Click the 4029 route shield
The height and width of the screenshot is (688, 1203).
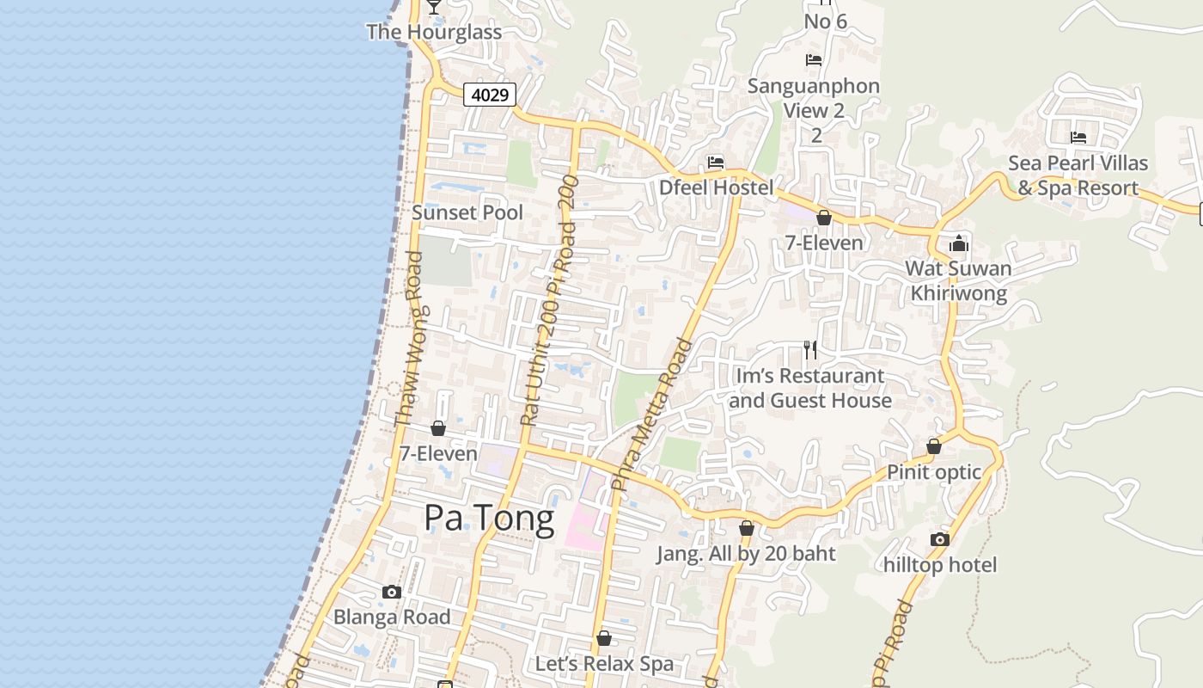pyautogui.click(x=490, y=95)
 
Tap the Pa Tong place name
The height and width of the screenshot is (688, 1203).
pyautogui.click(x=489, y=519)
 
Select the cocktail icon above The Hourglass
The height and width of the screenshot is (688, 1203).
pyautogui.click(x=434, y=6)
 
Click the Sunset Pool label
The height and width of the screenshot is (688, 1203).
pyautogui.click(x=467, y=212)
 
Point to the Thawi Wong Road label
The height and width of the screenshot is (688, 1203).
pyautogui.click(x=408, y=340)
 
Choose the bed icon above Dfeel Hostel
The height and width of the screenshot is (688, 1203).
pyautogui.click(x=716, y=162)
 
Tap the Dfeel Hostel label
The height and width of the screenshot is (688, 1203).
pyautogui.click(x=716, y=187)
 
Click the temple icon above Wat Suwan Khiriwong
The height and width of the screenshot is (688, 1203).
pyautogui.click(x=959, y=243)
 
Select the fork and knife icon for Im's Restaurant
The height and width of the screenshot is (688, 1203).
pyautogui.click(x=809, y=349)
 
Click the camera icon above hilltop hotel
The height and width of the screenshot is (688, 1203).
pyautogui.click(x=940, y=539)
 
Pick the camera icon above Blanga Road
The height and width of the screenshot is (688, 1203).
pyautogui.click(x=392, y=592)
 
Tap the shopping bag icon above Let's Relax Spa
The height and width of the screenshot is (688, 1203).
pyautogui.click(x=604, y=638)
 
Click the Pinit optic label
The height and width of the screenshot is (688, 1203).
pyautogui.click(x=934, y=472)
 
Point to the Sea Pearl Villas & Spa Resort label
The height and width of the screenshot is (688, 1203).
pyautogui.click(x=1078, y=175)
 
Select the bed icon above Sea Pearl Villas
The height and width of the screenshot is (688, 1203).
pyautogui.click(x=1078, y=138)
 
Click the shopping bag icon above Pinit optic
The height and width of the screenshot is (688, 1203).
pyautogui.click(x=934, y=446)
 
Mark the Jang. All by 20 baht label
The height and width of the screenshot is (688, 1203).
pyautogui.click(x=746, y=553)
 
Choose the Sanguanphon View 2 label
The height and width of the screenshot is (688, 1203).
pyautogui.click(x=814, y=98)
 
